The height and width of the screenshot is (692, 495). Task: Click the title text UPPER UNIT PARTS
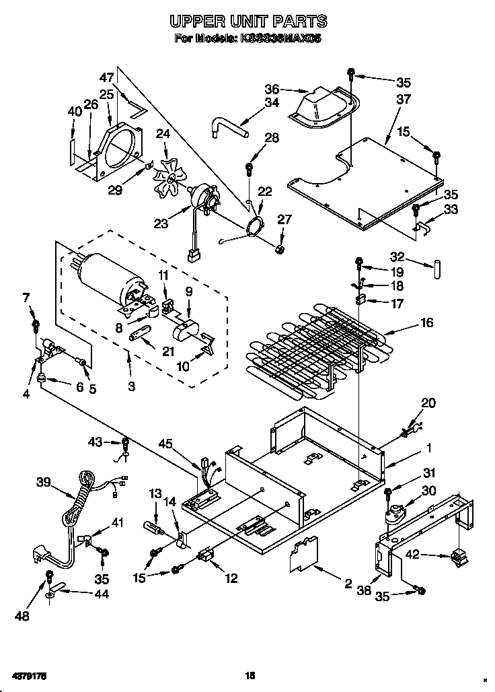pos(247,22)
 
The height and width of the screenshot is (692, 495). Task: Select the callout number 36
pos(271,88)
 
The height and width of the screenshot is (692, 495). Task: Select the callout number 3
pos(131,386)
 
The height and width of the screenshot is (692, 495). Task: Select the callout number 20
pos(428,403)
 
